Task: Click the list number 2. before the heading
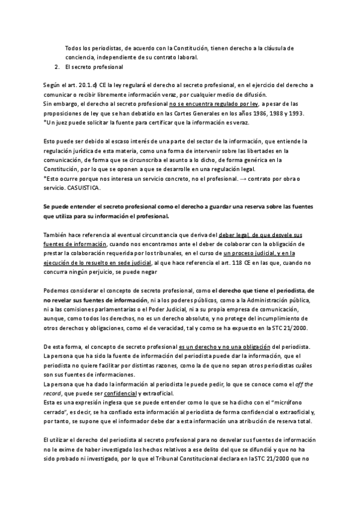coord(55,67)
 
